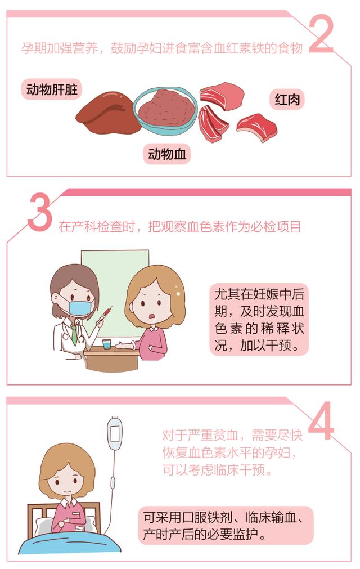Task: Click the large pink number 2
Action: coord(321,35)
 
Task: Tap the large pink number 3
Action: coord(39,214)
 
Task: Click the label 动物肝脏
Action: coord(51,89)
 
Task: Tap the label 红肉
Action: coord(287,100)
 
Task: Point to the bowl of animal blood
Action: coord(165,108)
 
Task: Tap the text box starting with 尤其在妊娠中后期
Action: coord(259,319)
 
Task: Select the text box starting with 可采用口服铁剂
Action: coord(226,525)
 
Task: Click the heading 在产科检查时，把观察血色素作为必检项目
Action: coord(180,227)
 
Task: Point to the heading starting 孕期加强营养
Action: coord(162,48)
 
